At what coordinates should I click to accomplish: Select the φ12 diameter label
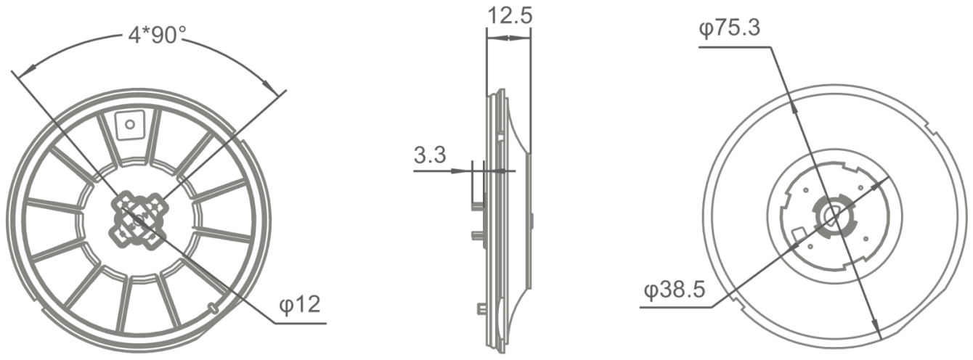click(x=299, y=303)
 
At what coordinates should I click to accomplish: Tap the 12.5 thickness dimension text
click(x=508, y=15)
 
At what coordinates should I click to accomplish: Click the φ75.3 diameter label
click(x=730, y=28)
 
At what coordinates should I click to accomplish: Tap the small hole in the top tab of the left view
click(x=130, y=123)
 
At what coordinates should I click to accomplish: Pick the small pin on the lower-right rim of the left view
click(x=213, y=308)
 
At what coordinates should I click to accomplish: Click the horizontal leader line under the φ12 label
click(x=298, y=321)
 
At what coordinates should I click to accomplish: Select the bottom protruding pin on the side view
click(x=481, y=308)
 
